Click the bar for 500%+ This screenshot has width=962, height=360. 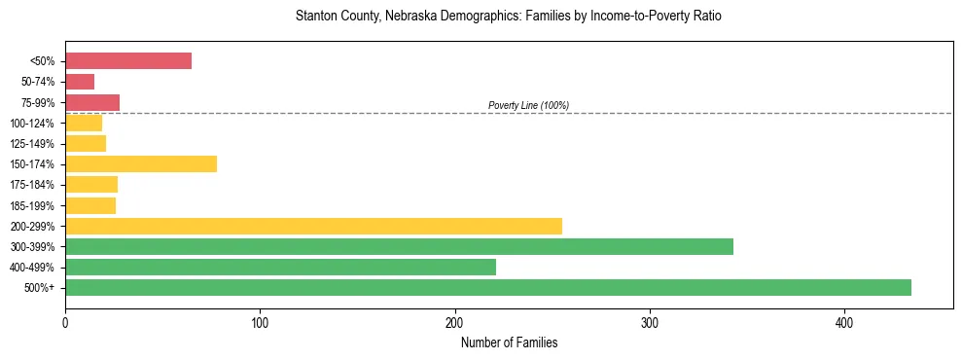coord(487,287)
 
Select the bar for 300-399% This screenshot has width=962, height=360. coord(399,246)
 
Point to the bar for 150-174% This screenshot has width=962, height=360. coord(141,163)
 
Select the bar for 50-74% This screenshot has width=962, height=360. coord(80,82)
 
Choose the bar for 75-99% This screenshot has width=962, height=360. coord(92,102)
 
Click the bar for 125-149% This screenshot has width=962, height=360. coord(86,143)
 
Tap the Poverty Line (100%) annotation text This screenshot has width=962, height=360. coord(528,105)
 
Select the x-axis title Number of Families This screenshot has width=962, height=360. coord(509,342)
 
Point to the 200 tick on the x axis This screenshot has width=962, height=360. coord(454,322)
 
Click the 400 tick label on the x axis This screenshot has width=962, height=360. coord(844,322)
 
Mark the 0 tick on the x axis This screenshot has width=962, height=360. coord(65,322)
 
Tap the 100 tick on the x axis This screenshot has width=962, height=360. coord(260,322)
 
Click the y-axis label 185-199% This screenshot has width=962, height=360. coord(32,205)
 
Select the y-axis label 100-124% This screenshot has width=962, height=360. coord(32,123)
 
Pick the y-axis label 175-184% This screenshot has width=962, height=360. coord(32,185)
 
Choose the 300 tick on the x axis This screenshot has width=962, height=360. coord(650,322)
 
